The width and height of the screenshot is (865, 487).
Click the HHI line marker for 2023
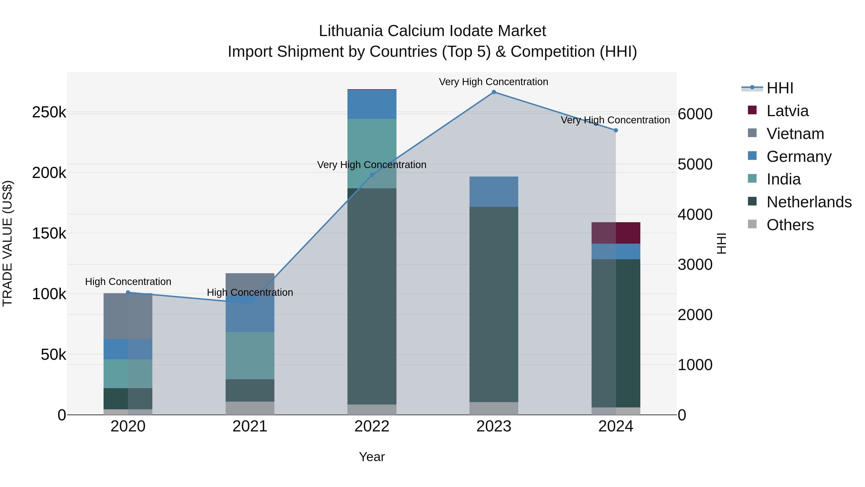[494, 92]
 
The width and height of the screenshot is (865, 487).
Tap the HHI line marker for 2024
[616, 130]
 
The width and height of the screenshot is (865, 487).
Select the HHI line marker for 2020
[128, 292]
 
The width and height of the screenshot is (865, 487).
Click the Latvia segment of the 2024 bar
[616, 233]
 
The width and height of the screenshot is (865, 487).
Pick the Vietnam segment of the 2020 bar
[128, 316]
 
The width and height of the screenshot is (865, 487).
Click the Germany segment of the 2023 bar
[494, 192]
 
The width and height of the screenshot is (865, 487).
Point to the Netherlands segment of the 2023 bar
[494, 304]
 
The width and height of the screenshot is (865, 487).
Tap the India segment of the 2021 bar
[250, 356]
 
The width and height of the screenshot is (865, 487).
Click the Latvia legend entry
[787, 111]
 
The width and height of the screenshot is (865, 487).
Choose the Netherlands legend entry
[809, 202]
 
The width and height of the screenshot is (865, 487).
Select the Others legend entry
[790, 225]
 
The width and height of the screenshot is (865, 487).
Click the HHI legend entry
[780, 88]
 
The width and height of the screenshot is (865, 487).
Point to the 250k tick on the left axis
[49, 112]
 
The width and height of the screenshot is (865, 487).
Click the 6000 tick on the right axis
[695, 114]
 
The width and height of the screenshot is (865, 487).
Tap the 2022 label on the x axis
[372, 426]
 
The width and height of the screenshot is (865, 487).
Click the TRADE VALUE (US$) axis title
[7, 243]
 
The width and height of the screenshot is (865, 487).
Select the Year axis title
[372, 457]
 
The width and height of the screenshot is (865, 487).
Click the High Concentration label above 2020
[128, 282]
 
